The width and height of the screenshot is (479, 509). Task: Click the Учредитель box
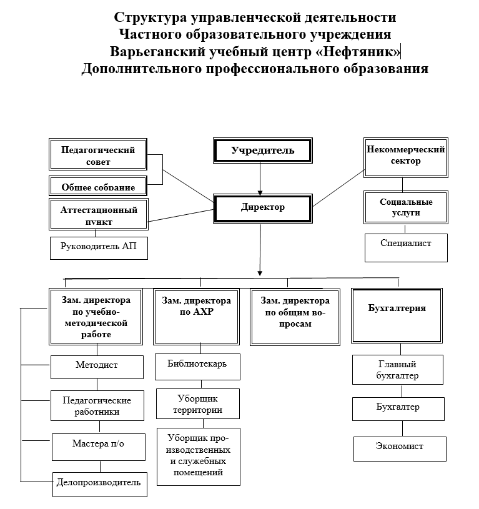click(x=262, y=151)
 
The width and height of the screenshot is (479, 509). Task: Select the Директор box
click(x=262, y=208)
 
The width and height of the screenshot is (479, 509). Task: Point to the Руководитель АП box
click(x=98, y=247)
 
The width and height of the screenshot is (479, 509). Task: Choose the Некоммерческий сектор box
click(x=407, y=156)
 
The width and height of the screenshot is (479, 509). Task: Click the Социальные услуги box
click(x=406, y=207)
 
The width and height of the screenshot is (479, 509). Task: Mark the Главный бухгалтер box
click(x=397, y=370)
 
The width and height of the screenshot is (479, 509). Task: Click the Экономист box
click(x=400, y=447)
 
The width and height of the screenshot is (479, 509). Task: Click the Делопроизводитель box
click(x=99, y=483)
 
